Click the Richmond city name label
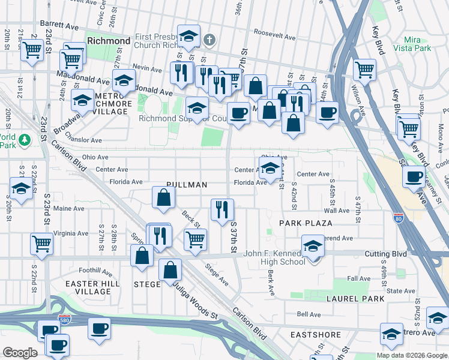pyautogui.click(x=109, y=41)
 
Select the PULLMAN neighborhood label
pyautogui.click(x=187, y=185)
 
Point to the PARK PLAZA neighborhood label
pyautogui.click(x=306, y=223)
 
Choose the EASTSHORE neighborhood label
pyautogui.click(x=316, y=335)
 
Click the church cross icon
pyautogui.click(x=209, y=40)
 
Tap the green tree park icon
pyautogui.click(x=24, y=140)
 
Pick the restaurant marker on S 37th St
pyautogui.click(x=222, y=209)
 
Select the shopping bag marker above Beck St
pyautogui.click(x=163, y=197)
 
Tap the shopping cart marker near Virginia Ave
pyautogui.click(x=42, y=243)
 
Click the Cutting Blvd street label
pyautogui.click(x=385, y=254)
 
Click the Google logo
pyautogui.click(x=20, y=352)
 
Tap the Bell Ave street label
pyautogui.click(x=309, y=314)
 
